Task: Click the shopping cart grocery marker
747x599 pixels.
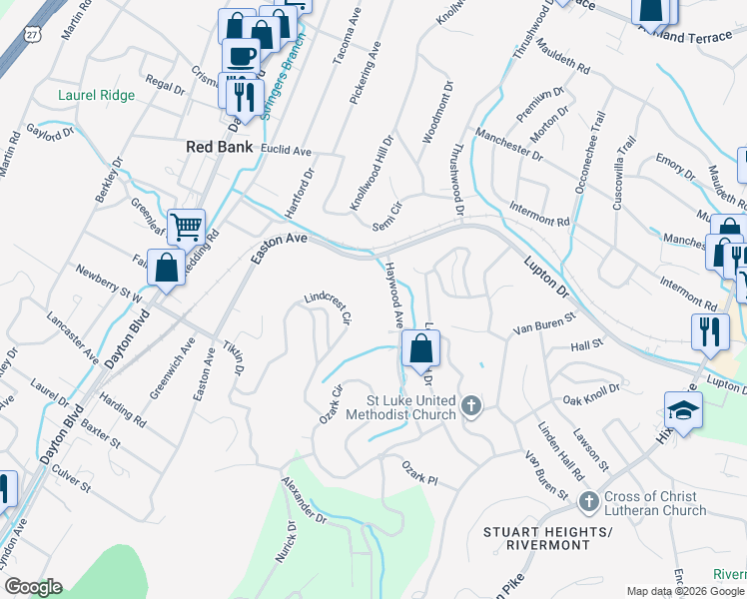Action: click(x=186, y=229)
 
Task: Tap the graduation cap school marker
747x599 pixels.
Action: click(x=684, y=410)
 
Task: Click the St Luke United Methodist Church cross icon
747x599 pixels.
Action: click(x=471, y=405)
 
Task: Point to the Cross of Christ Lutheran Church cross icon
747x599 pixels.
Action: click(x=588, y=499)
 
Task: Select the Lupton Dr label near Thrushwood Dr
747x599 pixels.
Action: click(x=544, y=278)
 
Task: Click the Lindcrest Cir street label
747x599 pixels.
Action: click(x=329, y=310)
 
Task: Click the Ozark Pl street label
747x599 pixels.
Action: click(x=419, y=471)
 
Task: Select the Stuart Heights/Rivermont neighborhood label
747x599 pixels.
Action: click(x=546, y=538)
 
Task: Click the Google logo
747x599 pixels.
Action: click(x=33, y=587)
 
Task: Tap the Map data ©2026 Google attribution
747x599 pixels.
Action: click(x=685, y=590)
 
